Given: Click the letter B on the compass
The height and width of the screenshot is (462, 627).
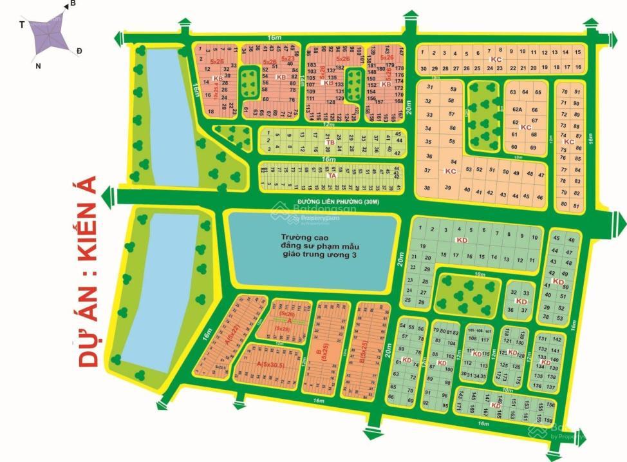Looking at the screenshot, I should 73,4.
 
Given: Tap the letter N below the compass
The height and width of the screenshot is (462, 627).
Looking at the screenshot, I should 38,66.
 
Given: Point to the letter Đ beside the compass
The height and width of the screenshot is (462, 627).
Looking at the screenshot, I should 79,51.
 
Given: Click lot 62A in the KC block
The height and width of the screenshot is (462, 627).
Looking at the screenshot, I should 517,110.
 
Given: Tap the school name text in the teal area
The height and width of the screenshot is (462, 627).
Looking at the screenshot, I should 313,246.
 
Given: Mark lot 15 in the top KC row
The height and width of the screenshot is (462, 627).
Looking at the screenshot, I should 566,53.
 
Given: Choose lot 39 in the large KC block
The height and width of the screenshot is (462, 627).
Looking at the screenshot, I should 447,187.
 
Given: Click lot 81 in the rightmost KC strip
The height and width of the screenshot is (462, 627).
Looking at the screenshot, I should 576,205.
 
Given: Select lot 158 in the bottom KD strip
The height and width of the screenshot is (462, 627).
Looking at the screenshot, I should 548,419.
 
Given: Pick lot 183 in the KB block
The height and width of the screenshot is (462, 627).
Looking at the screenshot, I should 312,65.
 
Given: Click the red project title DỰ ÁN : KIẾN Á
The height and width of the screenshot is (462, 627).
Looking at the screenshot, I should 92,271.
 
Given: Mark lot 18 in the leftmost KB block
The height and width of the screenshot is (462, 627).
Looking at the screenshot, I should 211,111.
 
